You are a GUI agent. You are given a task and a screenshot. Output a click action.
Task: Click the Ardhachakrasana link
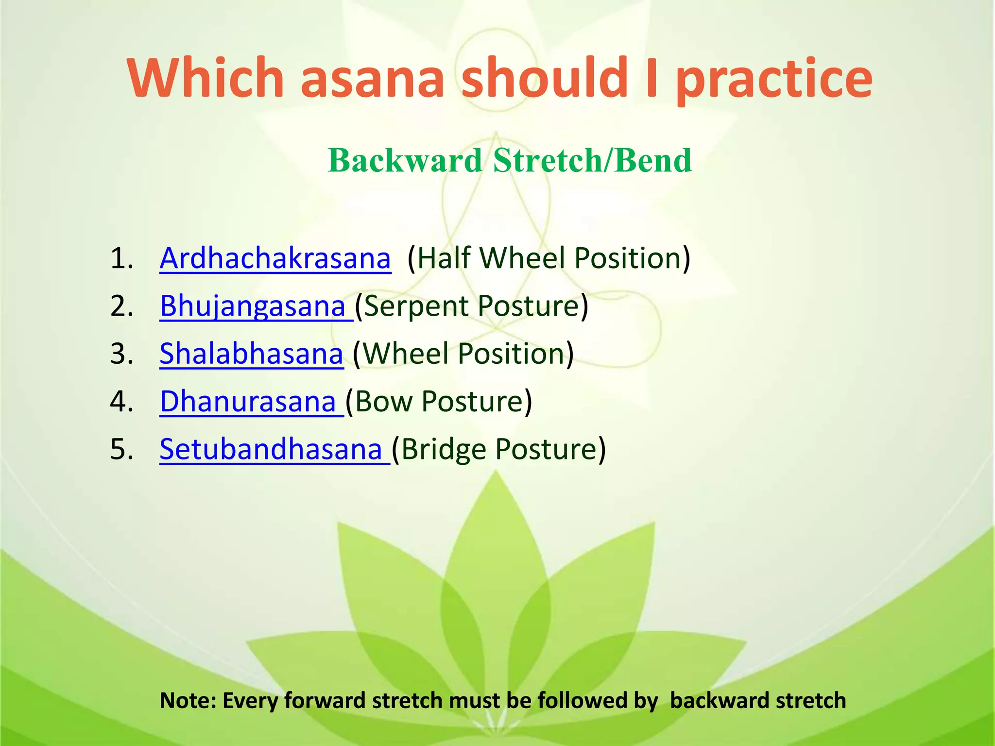(275, 258)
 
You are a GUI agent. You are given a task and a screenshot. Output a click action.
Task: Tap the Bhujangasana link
(253, 306)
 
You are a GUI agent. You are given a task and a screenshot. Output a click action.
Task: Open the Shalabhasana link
(251, 354)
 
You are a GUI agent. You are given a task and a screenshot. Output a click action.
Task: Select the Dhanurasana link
(248, 402)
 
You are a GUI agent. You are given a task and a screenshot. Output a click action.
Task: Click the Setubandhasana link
(271, 450)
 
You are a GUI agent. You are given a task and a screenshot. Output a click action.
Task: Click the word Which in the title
(205, 78)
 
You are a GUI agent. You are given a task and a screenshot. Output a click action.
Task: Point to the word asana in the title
(372, 78)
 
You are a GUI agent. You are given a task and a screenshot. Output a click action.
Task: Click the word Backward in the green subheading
(405, 160)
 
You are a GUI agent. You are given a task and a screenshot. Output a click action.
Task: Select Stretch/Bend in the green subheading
(592, 160)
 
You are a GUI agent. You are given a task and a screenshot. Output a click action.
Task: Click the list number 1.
(121, 258)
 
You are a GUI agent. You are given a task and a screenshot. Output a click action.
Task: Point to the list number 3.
(121, 354)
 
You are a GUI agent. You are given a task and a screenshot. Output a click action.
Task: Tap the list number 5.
(121, 450)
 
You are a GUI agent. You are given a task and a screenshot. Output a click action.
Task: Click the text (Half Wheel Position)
(549, 258)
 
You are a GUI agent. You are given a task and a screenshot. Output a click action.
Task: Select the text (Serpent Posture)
(471, 306)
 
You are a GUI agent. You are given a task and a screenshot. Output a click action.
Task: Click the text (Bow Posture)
(439, 402)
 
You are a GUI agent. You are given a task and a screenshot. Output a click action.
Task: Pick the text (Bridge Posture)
(498, 450)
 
